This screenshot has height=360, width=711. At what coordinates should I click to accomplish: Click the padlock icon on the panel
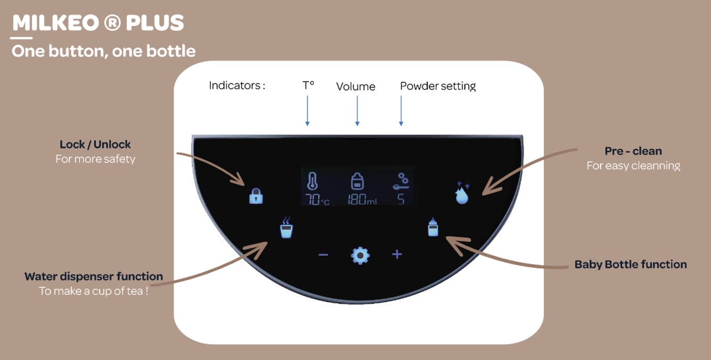tap(256, 196)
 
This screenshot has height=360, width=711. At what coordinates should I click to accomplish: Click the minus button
tap(323, 255)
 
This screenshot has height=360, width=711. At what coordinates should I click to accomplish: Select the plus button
tap(397, 254)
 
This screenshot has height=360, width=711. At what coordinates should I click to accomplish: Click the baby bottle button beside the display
tap(433, 227)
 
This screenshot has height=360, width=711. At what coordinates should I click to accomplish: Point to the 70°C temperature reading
tap(318, 200)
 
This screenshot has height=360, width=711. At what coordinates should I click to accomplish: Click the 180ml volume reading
tap(362, 200)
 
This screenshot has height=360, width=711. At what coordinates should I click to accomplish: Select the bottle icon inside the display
tap(357, 182)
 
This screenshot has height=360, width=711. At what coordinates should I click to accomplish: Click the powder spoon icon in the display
tap(401, 181)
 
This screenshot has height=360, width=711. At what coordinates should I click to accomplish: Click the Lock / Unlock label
tap(95, 144)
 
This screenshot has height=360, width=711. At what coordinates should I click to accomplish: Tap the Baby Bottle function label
tap(630, 264)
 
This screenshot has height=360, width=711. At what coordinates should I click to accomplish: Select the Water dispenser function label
tap(93, 277)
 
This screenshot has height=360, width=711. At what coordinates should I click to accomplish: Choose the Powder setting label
tap(438, 86)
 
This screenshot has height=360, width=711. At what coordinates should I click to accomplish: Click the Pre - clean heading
tap(633, 151)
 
